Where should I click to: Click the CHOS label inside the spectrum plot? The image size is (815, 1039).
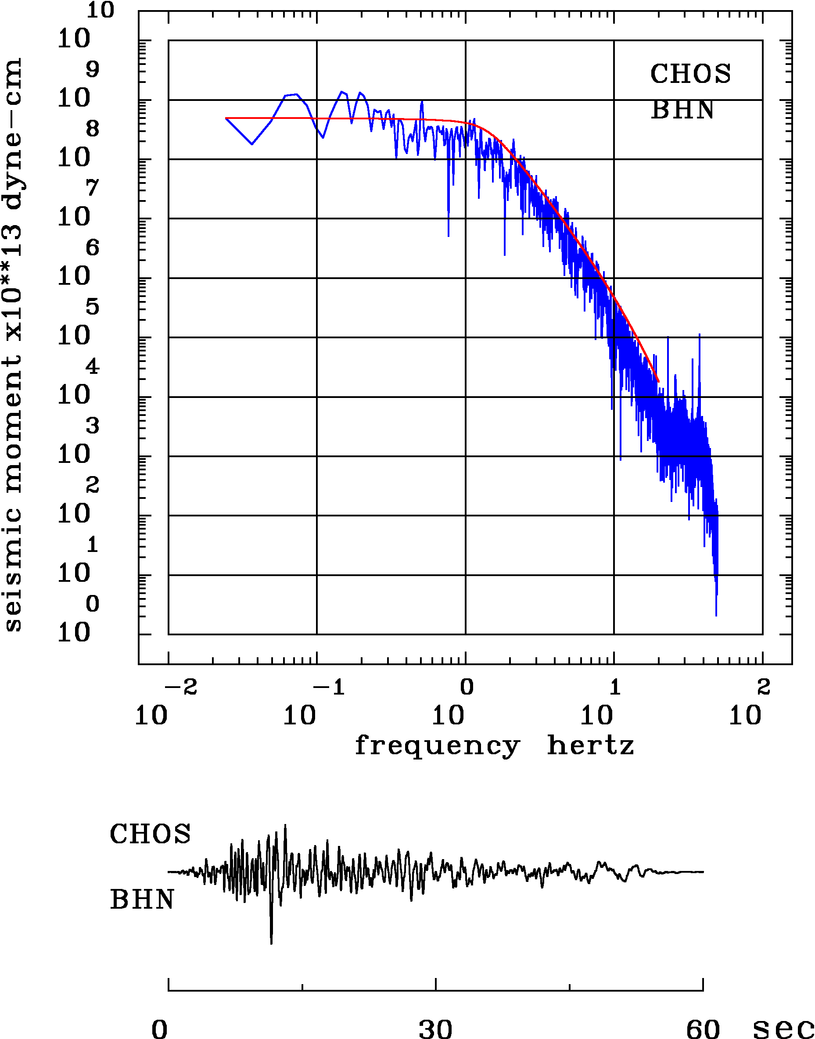pyautogui.click(x=690, y=74)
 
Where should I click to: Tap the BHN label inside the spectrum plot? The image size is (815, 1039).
pyautogui.click(x=683, y=110)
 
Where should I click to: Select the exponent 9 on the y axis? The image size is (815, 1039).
pyautogui.click(x=93, y=70)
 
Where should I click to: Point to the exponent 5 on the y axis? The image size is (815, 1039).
pyautogui.click(x=93, y=307)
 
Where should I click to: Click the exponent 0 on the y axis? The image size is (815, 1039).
pyautogui.click(x=93, y=604)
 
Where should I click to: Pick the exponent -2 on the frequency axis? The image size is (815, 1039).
pyautogui.click(x=181, y=688)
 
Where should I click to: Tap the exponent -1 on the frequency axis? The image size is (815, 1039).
pyautogui.click(x=329, y=688)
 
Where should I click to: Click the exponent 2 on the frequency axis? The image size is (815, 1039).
pyautogui.click(x=764, y=688)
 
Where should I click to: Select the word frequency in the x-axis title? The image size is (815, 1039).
pyautogui.click(x=437, y=745)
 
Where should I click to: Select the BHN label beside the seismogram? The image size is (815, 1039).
pyautogui.click(x=142, y=900)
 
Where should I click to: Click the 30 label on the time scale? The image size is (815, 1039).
pyautogui.click(x=435, y=1028)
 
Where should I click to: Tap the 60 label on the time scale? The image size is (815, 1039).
pyautogui.click(x=703, y=1028)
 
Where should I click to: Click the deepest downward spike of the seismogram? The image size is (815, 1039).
pyautogui.click(x=271, y=942)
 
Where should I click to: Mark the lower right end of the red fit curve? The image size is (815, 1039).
pyautogui.click(x=658, y=382)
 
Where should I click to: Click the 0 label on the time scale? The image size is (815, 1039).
pyautogui.click(x=160, y=1028)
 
